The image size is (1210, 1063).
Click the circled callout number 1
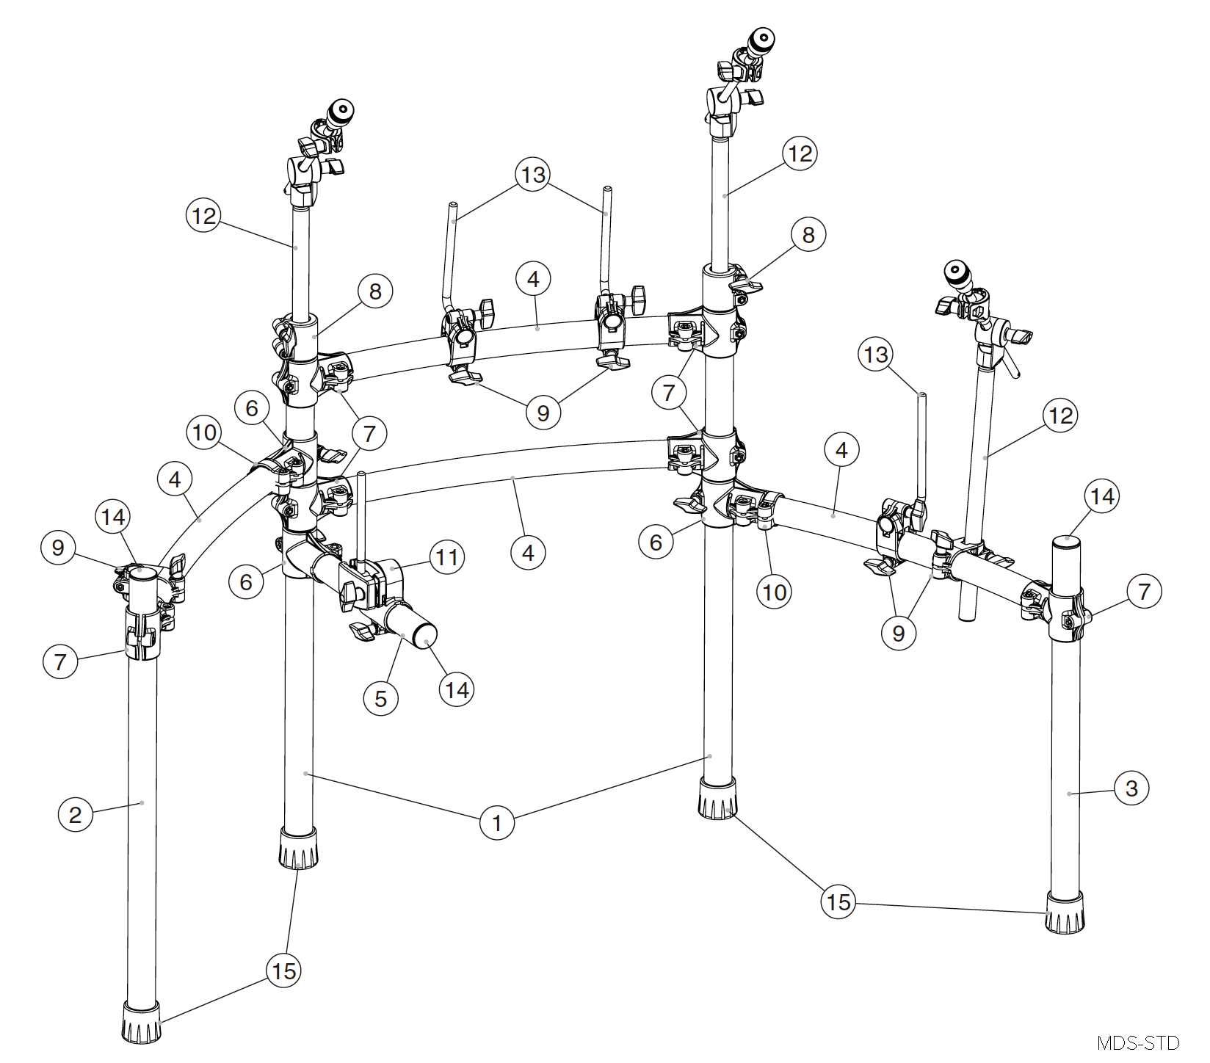496,822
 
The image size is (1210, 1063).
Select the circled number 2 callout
75,814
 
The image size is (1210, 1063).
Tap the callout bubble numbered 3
1131,788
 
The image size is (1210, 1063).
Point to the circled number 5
380,698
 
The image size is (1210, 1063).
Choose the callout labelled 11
447,557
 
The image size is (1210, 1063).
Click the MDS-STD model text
1137,1042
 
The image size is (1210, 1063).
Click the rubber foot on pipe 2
142,1023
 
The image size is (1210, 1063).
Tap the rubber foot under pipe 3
1065,913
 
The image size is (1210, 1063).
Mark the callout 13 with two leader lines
533,175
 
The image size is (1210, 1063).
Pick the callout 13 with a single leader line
875,355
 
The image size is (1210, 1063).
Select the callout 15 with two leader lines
838,901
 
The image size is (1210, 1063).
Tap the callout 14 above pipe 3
1102,497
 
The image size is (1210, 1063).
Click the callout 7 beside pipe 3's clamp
1144,591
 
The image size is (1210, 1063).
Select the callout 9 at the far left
59,548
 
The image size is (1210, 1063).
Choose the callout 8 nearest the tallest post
808,235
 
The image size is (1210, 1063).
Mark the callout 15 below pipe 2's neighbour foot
283,971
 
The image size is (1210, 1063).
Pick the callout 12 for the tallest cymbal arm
800,153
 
